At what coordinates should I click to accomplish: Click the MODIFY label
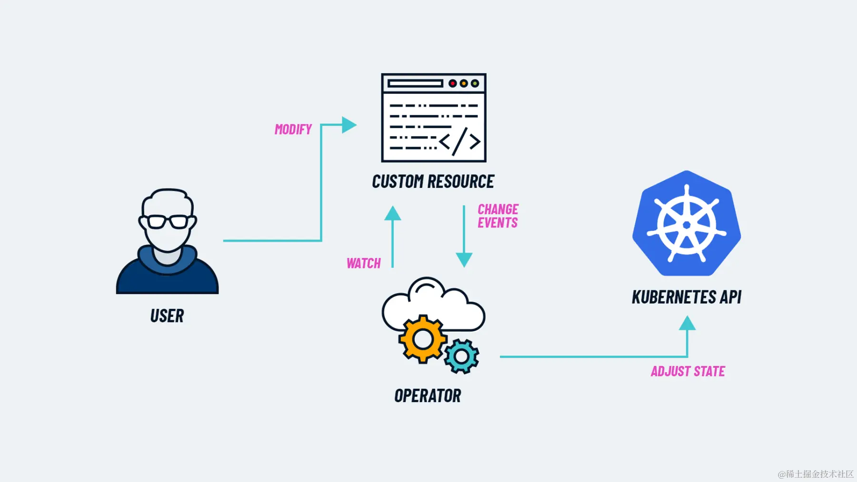point(293,129)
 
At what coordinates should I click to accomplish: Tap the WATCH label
point(363,263)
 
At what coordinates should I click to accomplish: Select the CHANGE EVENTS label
point(498,216)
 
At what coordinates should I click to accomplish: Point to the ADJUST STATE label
point(688,371)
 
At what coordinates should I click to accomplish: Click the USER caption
point(167,316)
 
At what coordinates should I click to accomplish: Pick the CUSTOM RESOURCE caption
point(433,181)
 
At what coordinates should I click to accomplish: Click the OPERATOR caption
point(427,396)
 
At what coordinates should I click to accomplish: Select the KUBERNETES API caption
point(686,297)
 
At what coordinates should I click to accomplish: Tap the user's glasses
point(167,222)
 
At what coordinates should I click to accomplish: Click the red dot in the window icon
point(452,84)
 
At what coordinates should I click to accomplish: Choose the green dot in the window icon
point(475,84)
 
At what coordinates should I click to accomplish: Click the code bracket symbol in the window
point(459,141)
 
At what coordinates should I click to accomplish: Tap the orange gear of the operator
point(422,339)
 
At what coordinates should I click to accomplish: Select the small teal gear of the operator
point(461,356)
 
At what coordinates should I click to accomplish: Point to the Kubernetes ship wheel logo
point(686,224)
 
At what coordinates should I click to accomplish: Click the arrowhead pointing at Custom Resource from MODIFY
point(349,125)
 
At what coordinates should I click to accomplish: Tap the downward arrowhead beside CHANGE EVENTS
point(464,259)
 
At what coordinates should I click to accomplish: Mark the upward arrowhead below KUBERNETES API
point(687,324)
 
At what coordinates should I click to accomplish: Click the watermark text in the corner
point(815,474)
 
